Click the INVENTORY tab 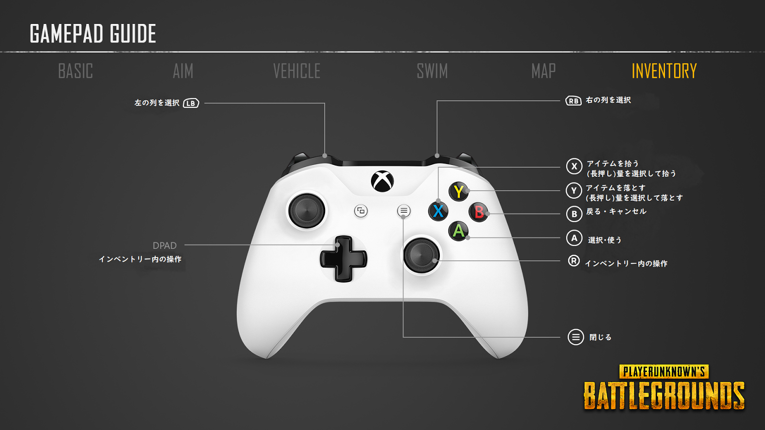664,71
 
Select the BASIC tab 76,71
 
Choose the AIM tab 183,71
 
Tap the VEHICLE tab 296,71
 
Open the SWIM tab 432,71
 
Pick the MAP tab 543,71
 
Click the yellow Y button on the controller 459,192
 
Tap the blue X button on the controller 438,211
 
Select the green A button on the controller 459,231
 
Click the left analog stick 307,211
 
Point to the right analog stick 421,255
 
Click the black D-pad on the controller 343,258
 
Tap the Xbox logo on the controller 382,182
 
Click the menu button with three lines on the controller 404,211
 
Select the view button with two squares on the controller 361,211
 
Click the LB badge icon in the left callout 191,103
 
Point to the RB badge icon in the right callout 573,101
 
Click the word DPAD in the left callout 164,246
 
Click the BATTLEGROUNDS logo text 664,396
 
